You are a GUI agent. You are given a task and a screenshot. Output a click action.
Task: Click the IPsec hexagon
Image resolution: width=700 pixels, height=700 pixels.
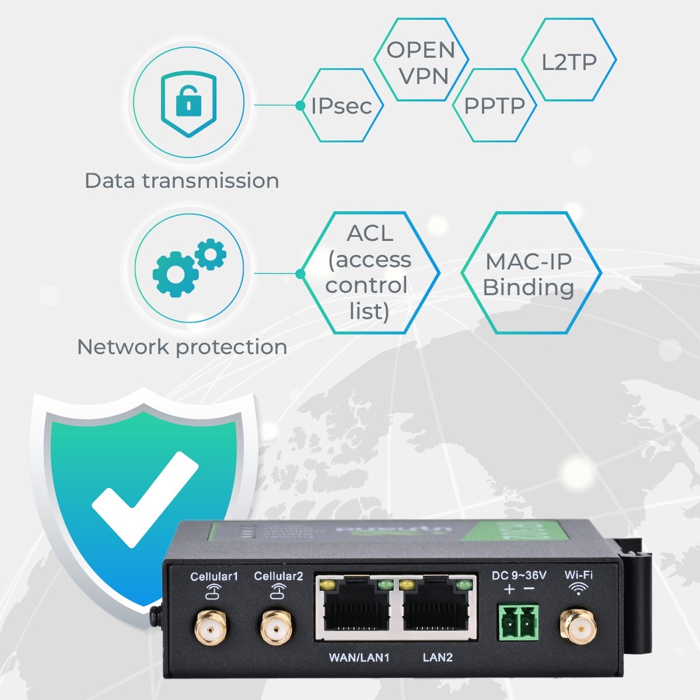tap(342, 106)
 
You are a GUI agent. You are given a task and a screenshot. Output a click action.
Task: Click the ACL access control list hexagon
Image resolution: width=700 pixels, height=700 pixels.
tap(369, 272)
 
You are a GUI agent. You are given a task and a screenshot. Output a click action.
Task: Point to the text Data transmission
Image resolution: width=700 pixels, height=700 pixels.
tap(182, 181)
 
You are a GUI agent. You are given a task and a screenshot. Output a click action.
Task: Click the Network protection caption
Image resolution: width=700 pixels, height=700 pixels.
tap(182, 347)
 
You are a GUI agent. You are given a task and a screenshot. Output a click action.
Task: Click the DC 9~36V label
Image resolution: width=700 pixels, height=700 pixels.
tap(519, 576)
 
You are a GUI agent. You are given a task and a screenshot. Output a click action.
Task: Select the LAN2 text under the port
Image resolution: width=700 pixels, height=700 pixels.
tap(437, 657)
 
